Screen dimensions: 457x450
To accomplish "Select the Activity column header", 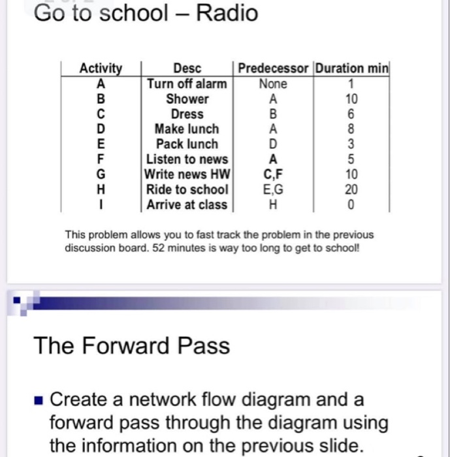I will point(101,69).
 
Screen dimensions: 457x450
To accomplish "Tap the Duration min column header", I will point(351,69).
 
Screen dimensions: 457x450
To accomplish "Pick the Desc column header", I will point(187,69).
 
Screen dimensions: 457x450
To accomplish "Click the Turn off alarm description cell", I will point(187,84).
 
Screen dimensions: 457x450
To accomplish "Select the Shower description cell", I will point(187,99).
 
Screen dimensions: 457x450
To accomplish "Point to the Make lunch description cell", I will point(187,129).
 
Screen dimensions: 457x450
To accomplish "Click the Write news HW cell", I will point(187,174).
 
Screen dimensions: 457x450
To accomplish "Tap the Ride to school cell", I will point(187,189).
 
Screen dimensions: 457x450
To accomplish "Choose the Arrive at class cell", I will point(187,204).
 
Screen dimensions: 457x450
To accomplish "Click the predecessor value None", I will point(273,84).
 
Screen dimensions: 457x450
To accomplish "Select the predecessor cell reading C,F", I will point(273,174).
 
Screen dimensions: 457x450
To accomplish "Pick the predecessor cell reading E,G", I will point(273,189).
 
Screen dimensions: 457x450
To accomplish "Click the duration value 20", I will point(351,189).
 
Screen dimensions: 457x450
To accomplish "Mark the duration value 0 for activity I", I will point(351,204).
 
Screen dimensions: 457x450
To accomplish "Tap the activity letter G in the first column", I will point(101,174).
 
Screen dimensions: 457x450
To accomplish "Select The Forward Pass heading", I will point(132,345).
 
